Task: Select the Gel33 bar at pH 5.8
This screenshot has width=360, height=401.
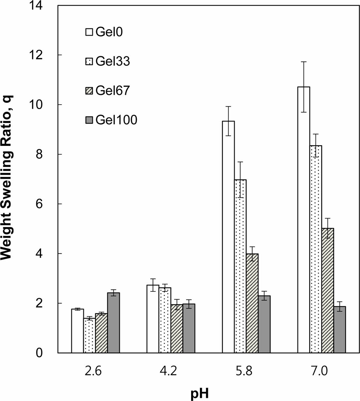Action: tap(240, 267)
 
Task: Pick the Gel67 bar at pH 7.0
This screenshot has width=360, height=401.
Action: tap(328, 291)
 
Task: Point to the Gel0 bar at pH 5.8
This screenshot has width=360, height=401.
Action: tap(228, 237)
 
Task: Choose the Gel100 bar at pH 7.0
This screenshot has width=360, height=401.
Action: tap(340, 330)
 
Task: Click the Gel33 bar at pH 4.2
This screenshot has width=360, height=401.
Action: tap(165, 321)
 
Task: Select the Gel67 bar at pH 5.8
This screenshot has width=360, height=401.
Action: tap(252, 304)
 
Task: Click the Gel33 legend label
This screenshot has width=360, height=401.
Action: tap(113, 61)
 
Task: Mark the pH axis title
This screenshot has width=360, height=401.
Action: tap(200, 394)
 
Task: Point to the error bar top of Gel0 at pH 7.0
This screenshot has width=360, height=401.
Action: tap(304, 61)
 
